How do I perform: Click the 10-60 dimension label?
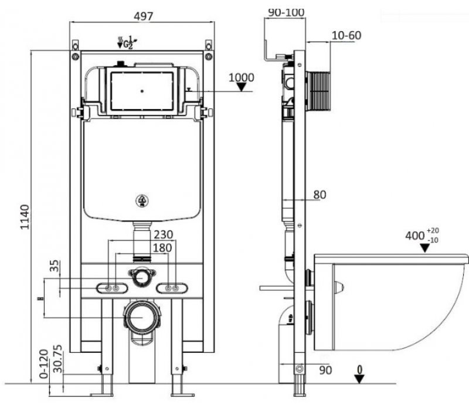(x=345, y=35)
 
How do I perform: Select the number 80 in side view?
(x=319, y=195)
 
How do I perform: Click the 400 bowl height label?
(x=416, y=236)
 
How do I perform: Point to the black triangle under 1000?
(x=241, y=87)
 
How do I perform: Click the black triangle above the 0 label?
(x=359, y=378)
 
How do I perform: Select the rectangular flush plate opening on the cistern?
(x=142, y=91)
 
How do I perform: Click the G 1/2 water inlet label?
(x=126, y=43)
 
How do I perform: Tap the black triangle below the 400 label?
(x=426, y=248)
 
